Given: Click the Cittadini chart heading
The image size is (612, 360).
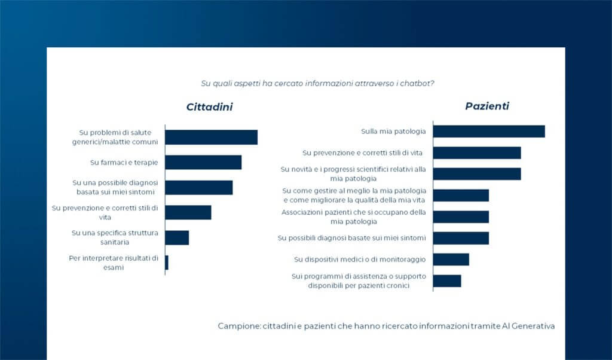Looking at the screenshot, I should coord(209,108).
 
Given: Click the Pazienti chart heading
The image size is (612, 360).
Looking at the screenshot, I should coord(487,106).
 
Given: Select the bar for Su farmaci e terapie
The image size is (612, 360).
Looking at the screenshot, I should coord(203,162).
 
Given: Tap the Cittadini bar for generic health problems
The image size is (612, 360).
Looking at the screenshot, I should coord(211,137).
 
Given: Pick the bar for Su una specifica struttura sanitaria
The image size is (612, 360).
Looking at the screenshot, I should coord(177,237).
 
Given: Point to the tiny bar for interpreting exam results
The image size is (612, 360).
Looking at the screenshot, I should coord(167,263).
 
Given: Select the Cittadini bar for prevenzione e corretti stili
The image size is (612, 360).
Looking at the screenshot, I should coord(188,212).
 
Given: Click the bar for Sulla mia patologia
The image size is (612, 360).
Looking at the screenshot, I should coord(489,131).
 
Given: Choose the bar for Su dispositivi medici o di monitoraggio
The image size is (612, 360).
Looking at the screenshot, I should coord(451,259).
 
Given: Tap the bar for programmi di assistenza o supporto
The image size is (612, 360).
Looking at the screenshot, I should coord(447,280).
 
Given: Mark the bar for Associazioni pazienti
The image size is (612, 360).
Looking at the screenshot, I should coord(461,216).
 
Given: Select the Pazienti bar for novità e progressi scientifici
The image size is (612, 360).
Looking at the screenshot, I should coord(477,173).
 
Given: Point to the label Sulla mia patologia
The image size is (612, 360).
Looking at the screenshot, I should coord(393,131).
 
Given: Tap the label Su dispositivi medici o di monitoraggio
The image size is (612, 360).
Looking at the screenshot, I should coord(360,259).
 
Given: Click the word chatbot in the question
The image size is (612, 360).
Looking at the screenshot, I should coord(418,83).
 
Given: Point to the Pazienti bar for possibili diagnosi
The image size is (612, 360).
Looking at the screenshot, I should coord(461,238).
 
